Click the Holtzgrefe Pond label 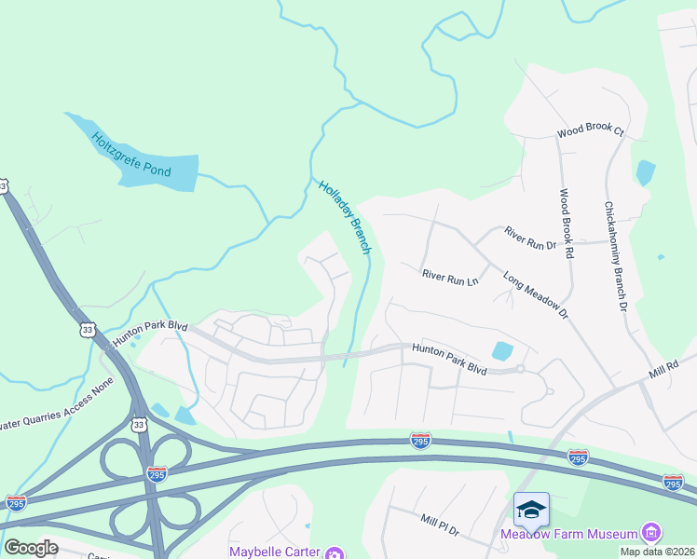(130, 156)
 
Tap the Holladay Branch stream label (346, 216)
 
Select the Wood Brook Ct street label (590, 131)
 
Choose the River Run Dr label (529, 239)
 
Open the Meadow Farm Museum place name (568, 534)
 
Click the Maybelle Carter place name (275, 552)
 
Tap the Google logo (31, 547)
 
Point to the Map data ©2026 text (657, 552)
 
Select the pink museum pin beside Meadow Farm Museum (651, 533)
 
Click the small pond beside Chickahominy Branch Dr (645, 172)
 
